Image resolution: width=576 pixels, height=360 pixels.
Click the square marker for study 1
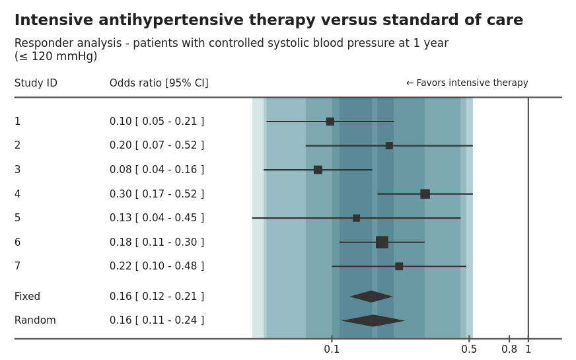tap(330, 122)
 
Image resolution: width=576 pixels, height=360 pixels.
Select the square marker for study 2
tap(389, 145)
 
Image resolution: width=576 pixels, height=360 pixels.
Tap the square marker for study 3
tap(318, 170)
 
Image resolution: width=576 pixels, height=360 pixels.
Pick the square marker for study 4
tap(425, 194)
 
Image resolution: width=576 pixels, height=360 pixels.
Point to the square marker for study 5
tap(356, 218)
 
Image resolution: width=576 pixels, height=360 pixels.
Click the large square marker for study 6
tap(382, 242)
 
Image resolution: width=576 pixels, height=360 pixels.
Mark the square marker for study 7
tap(399, 266)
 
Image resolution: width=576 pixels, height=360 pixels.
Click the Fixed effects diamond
tap(371, 297)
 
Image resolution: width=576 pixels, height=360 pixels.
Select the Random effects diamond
tap(373, 321)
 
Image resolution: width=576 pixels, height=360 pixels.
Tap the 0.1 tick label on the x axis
tap(332, 349)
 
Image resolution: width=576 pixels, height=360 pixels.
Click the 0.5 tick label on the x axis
tap(469, 349)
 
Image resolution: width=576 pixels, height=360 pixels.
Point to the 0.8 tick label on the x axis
tap(509, 349)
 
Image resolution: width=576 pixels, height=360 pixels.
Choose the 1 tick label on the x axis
tap(528, 349)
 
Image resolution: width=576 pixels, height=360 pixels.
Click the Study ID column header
tap(36, 83)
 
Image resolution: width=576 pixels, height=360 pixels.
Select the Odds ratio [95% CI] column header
tap(159, 83)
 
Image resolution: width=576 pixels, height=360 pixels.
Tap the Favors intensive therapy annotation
tap(467, 83)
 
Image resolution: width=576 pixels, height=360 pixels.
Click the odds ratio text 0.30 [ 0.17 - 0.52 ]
tap(157, 194)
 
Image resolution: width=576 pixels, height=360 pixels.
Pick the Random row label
tap(35, 321)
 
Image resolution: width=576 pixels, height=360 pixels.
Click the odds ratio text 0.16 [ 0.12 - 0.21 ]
tap(157, 297)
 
